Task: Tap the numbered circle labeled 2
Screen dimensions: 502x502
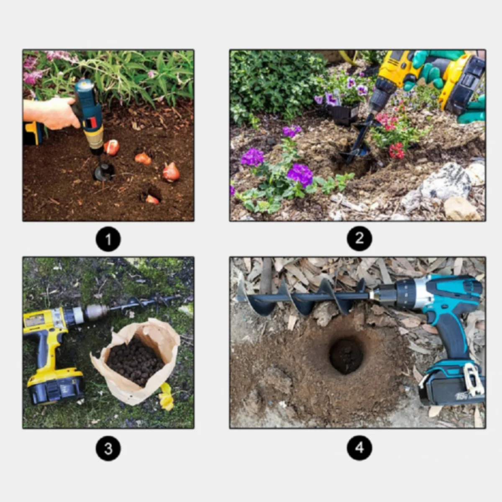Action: [x=359, y=238]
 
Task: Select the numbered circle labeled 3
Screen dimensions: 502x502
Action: [x=108, y=448]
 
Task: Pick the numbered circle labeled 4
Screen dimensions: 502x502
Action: [x=359, y=448]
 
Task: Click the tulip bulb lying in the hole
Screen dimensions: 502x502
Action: [x=152, y=199]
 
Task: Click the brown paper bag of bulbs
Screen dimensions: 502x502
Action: [x=136, y=363]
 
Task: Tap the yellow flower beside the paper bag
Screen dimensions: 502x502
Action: [x=166, y=397]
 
